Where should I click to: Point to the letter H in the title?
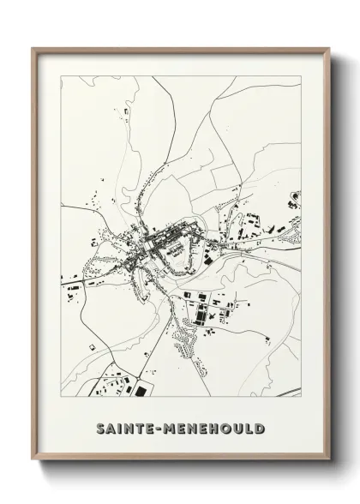213,427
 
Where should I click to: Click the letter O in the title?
226,427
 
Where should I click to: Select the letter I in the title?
117,427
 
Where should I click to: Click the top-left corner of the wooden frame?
32,47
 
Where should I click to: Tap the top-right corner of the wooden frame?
328,47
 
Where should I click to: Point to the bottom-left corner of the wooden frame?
32,463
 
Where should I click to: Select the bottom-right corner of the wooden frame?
328,463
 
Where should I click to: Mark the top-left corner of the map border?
60,75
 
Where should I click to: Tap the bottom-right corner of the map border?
301,397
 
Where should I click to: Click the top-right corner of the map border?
301,75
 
